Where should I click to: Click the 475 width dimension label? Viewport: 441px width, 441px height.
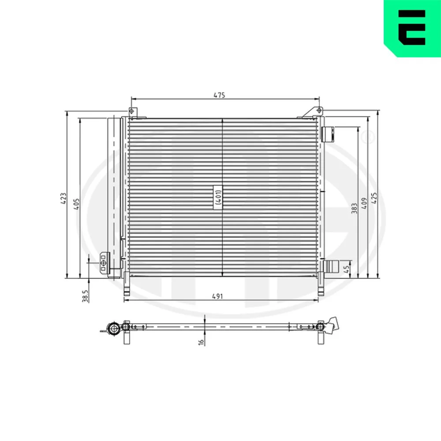[219, 95]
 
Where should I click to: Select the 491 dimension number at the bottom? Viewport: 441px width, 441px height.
[217, 296]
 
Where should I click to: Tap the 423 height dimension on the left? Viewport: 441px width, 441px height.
[64, 198]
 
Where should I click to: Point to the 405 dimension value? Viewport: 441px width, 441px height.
[76, 204]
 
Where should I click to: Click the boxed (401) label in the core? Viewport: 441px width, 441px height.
[218, 197]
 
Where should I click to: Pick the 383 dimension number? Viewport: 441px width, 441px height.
[355, 209]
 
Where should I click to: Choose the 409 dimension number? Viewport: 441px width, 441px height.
[364, 203]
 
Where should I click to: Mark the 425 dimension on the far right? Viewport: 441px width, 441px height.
[374, 198]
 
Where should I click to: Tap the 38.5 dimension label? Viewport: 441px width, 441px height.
[86, 296]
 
